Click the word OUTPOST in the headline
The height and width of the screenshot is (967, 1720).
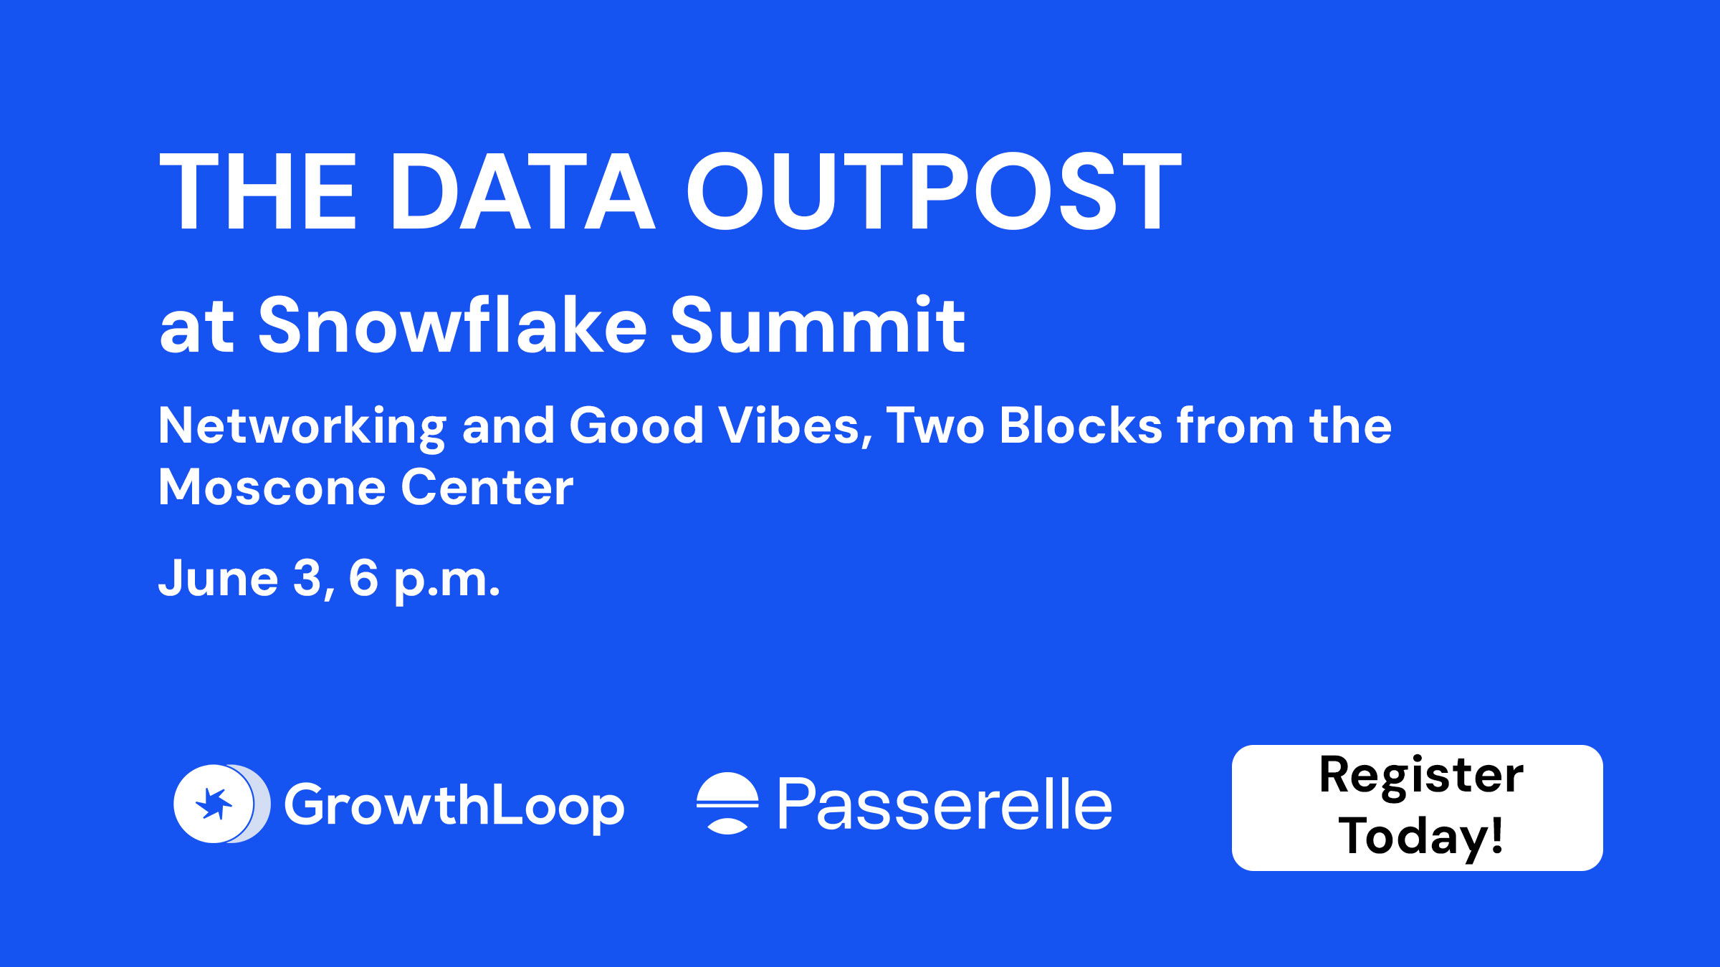(x=934, y=191)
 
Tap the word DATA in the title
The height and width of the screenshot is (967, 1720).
(x=522, y=191)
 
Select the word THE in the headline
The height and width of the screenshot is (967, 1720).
(x=257, y=191)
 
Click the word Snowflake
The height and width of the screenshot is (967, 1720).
(x=452, y=325)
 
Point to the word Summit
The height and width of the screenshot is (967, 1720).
(x=818, y=325)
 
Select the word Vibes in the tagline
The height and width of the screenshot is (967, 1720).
(x=795, y=426)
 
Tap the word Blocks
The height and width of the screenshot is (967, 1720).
(x=1080, y=425)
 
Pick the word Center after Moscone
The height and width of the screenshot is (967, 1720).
(x=487, y=488)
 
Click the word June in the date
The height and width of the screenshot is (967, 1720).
(x=218, y=578)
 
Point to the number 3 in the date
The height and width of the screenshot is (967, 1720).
(x=308, y=578)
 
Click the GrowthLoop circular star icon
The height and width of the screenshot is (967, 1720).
(x=221, y=804)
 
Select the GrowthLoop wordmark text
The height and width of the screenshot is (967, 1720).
(x=454, y=807)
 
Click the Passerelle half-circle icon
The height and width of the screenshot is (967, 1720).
(x=727, y=803)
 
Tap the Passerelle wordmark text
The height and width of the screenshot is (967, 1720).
(x=945, y=804)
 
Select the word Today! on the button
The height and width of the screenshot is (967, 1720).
(x=1420, y=837)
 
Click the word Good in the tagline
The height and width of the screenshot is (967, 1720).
(x=636, y=426)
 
